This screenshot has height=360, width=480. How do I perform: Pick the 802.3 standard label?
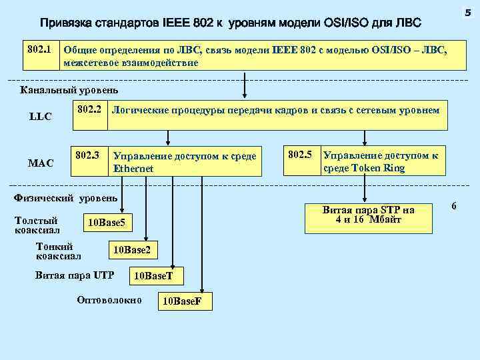tap(88, 155)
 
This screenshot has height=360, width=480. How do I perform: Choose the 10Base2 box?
tap(135, 250)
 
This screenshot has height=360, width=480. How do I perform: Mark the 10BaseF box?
tap(183, 301)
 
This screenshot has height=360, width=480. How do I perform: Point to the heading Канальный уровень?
tap(69, 90)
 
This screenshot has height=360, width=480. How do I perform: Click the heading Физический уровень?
tap(65, 198)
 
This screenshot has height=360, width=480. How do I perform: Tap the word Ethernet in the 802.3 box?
tap(133, 169)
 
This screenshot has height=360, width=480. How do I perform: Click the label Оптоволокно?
tap(109, 300)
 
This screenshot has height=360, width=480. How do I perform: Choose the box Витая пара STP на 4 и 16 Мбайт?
tap(369, 215)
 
